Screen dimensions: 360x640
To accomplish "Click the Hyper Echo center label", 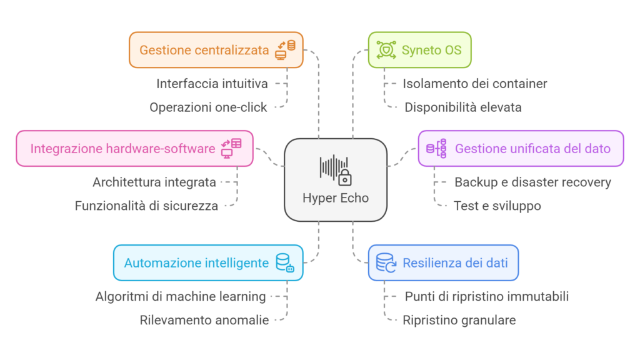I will tap(336, 198).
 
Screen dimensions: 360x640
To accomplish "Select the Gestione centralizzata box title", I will tap(204, 50).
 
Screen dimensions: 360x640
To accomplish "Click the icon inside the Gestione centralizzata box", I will tap(286, 50).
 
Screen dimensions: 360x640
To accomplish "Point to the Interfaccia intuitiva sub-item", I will tap(212, 83).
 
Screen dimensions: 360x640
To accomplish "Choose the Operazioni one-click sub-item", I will tap(208, 107).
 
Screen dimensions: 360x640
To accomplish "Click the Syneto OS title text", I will tap(432, 50).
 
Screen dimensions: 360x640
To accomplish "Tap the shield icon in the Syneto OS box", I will tap(386, 50).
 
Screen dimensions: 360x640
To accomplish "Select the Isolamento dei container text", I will tap(475, 83).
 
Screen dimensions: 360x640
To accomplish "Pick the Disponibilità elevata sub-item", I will tap(463, 107).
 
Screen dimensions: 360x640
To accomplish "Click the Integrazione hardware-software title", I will tap(122, 149).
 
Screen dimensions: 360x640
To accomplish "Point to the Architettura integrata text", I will tap(154, 182).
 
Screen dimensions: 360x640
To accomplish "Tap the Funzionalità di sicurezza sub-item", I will tap(146, 206).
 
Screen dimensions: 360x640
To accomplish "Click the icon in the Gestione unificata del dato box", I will tap(436, 149).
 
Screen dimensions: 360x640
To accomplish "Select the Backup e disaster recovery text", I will tap(532, 182).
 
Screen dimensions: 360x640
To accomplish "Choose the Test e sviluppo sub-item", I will tap(497, 206).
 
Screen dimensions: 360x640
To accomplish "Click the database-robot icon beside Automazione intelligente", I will tap(285, 262).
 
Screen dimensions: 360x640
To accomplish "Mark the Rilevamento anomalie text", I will tap(204, 320).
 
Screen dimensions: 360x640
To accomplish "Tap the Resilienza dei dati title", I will tap(454, 262).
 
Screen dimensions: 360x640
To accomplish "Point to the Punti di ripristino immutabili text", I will tap(487, 296).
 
